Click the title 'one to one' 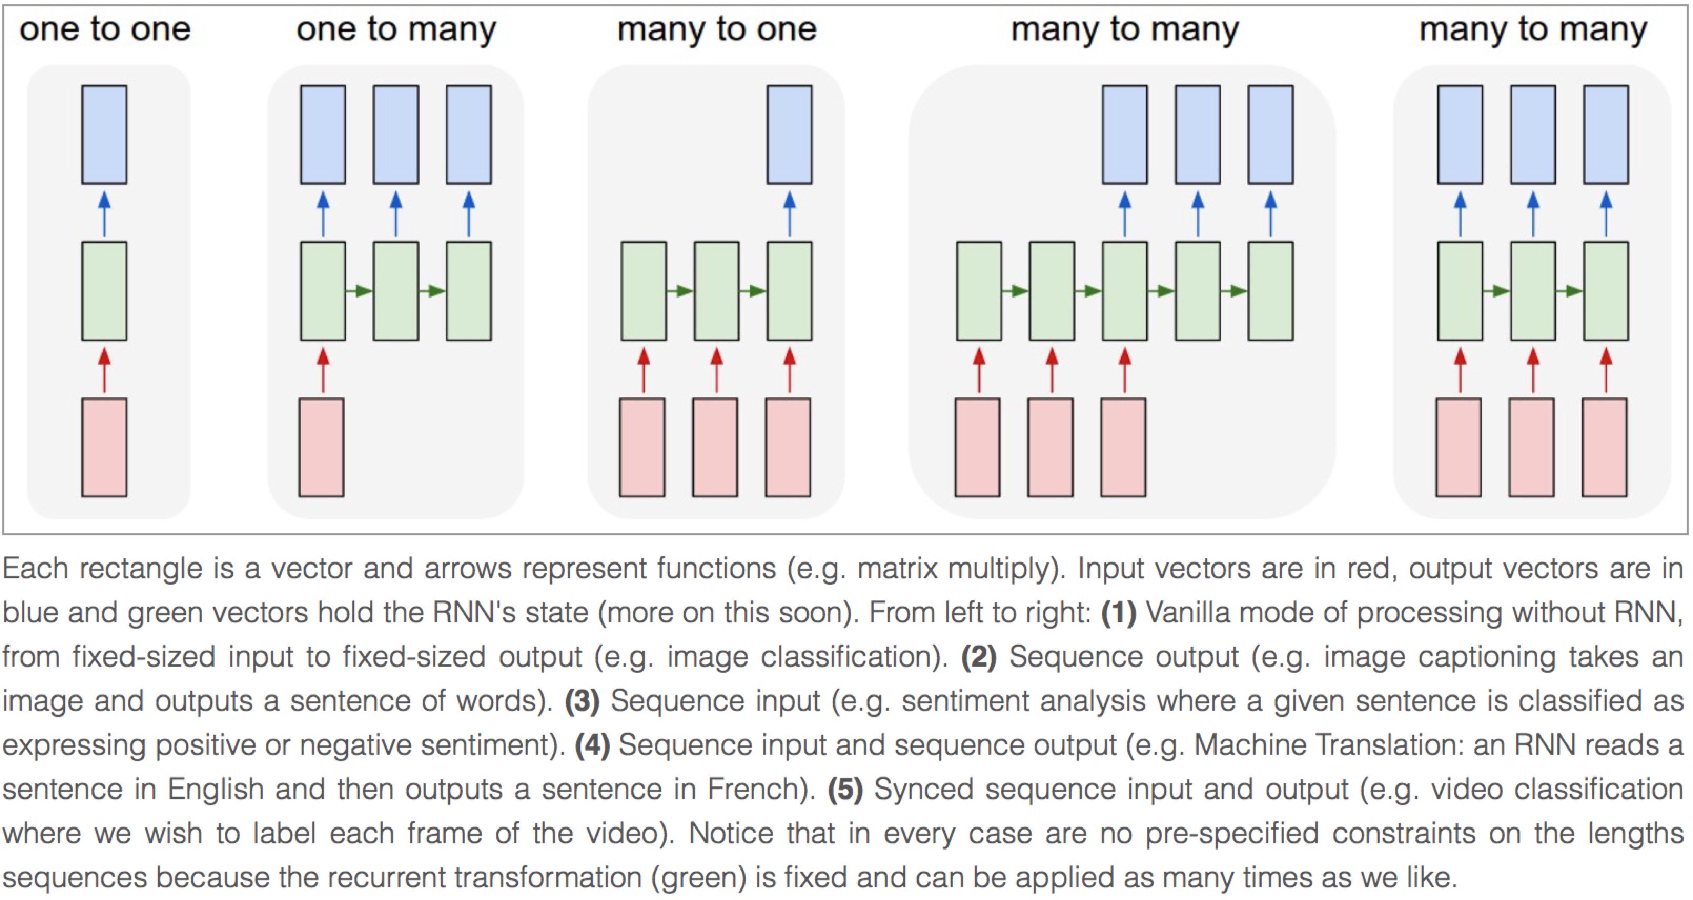point(105,29)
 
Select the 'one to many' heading point(395,29)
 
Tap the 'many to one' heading point(716,29)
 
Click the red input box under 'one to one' point(105,447)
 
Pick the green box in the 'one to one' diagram point(105,290)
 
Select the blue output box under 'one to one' point(105,134)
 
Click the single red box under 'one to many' point(321,447)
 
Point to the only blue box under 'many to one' point(789,134)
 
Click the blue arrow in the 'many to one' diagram point(789,213)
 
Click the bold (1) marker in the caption point(1119,613)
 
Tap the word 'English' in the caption point(216,789)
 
